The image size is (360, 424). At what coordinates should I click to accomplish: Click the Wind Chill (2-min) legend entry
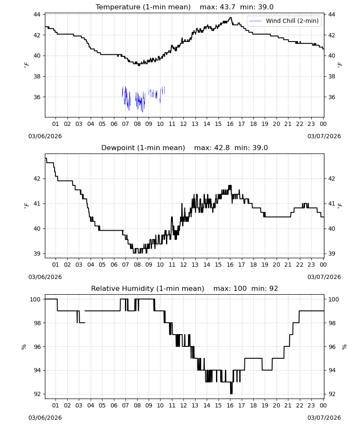pyautogui.click(x=284, y=21)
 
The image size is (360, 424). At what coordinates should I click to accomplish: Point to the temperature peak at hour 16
pyautogui.click(x=230, y=17)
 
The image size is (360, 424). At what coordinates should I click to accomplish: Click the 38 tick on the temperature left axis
pyautogui.click(x=37, y=76)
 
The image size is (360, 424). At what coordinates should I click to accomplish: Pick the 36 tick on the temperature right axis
pyautogui.click(x=332, y=97)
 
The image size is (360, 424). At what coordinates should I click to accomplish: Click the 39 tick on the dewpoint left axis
pyautogui.click(x=37, y=254)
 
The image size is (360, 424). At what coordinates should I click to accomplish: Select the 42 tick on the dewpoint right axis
pyautogui.click(x=332, y=179)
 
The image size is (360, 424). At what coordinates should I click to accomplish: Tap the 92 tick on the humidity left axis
pyautogui.click(x=37, y=394)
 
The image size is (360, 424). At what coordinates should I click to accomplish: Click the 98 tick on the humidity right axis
pyautogui.click(x=332, y=323)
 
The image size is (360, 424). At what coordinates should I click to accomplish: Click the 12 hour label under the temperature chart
pyautogui.click(x=184, y=124)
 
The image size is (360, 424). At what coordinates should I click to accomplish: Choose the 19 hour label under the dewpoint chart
pyautogui.click(x=265, y=265)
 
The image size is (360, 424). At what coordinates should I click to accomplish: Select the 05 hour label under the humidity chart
pyautogui.click(x=102, y=405)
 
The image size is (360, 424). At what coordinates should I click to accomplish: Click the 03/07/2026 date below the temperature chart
pyautogui.click(x=324, y=136)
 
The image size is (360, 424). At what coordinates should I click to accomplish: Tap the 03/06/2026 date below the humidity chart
pyautogui.click(x=45, y=418)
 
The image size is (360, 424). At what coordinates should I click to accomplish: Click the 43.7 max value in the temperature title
pyautogui.click(x=228, y=7)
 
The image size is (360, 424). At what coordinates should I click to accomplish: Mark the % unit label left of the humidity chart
pyautogui.click(x=24, y=347)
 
